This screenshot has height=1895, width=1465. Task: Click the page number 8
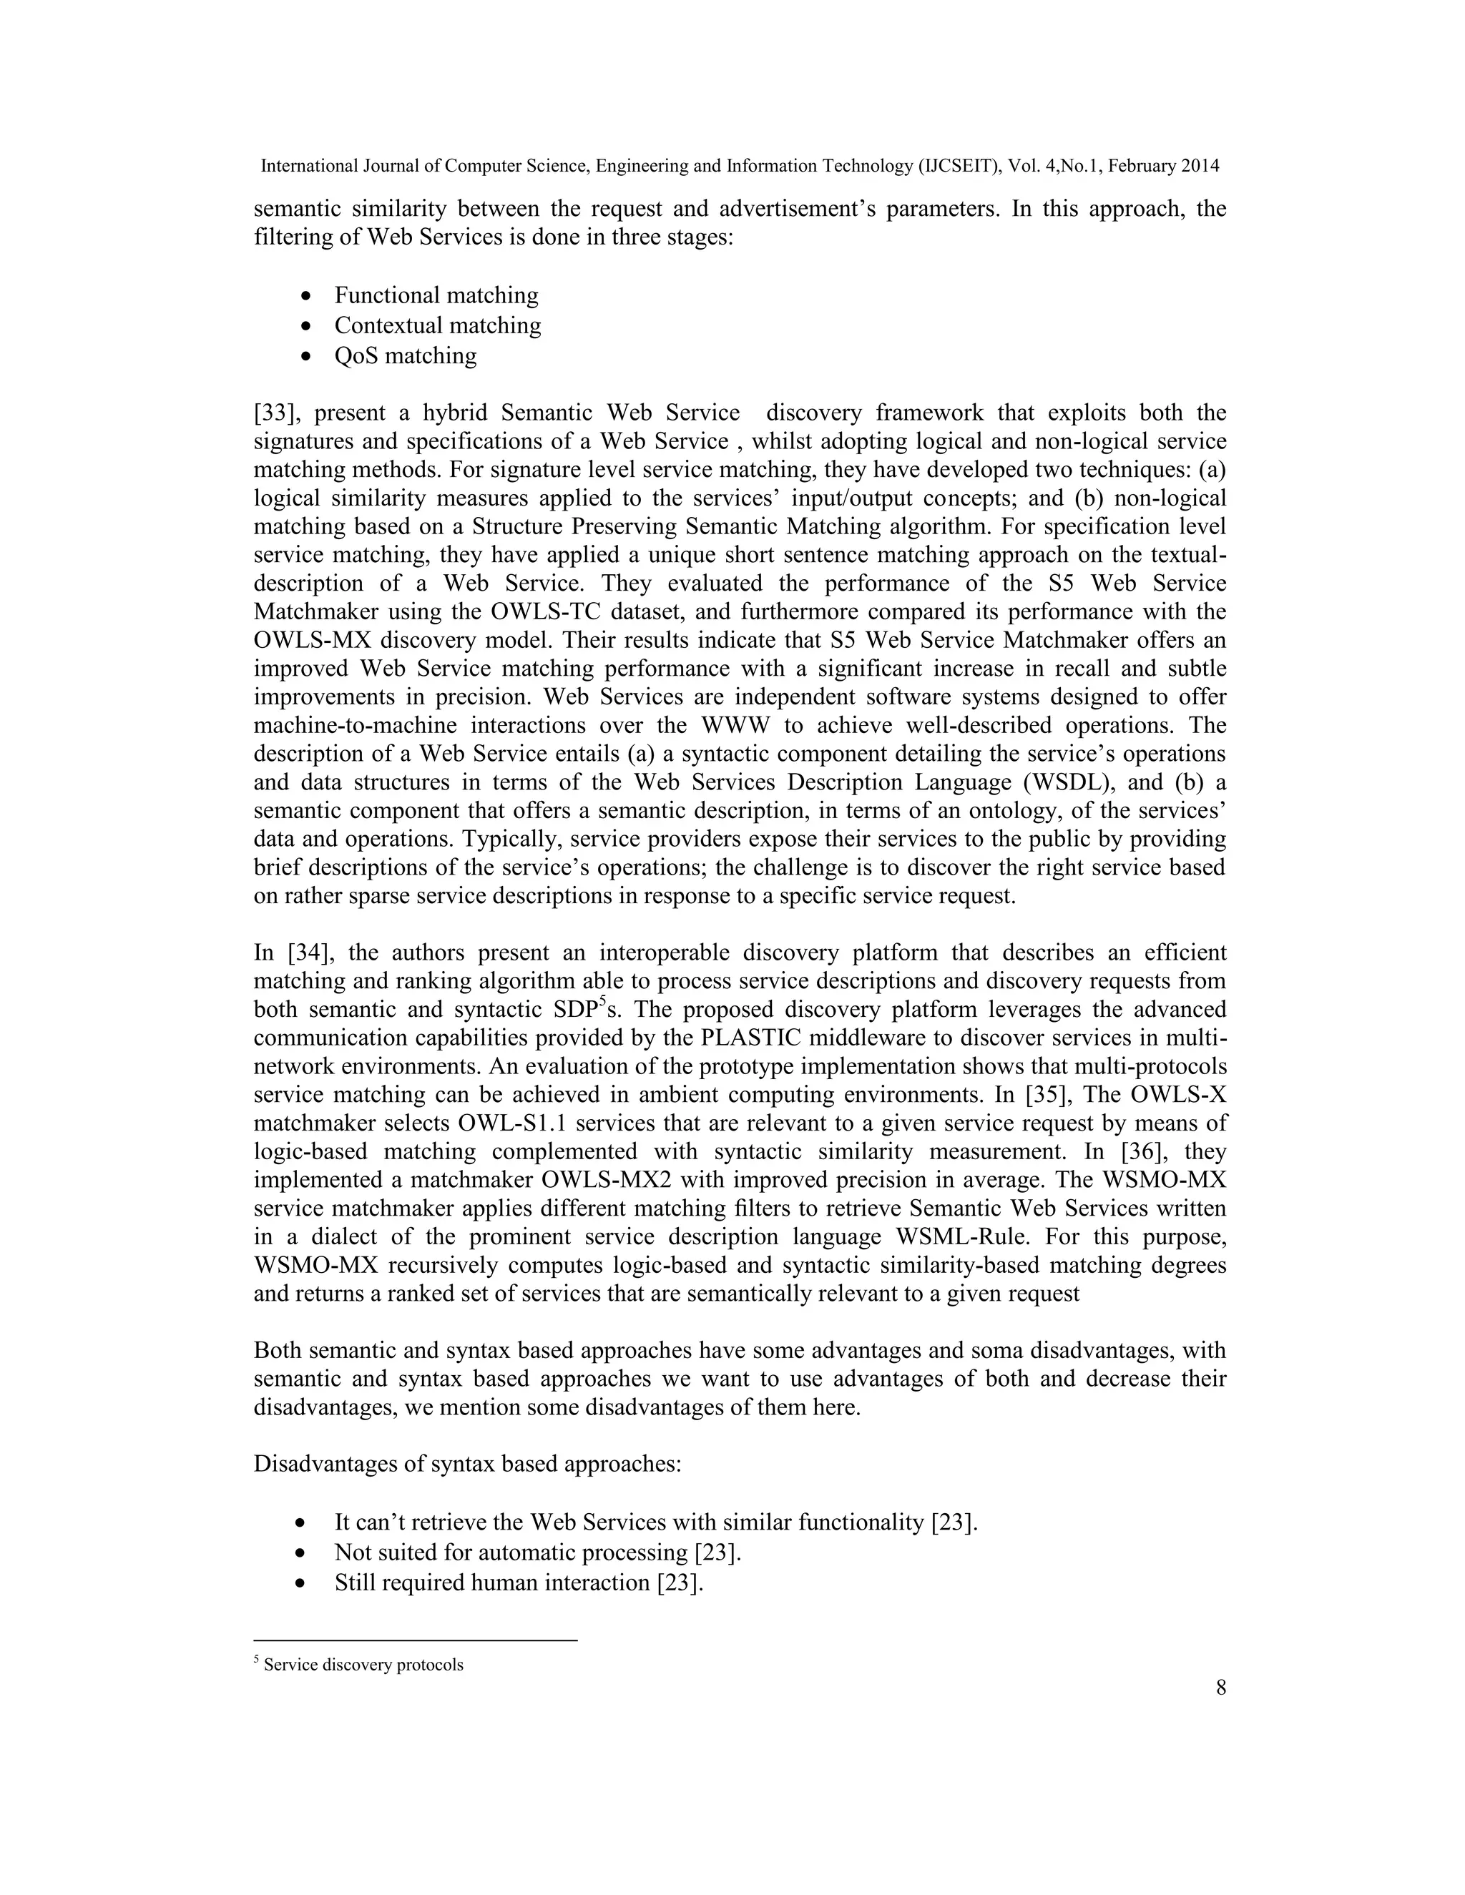pyautogui.click(x=1220, y=1688)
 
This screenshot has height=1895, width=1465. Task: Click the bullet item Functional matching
pyautogui.click(x=436, y=296)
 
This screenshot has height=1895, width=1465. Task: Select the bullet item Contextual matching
pyautogui.click(x=437, y=325)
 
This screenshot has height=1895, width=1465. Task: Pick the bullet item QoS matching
pyautogui.click(x=406, y=355)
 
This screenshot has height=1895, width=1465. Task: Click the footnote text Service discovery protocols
pyautogui.click(x=363, y=1665)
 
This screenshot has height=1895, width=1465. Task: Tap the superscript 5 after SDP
pyautogui.click(x=602, y=1002)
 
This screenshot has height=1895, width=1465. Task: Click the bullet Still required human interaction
pyautogui.click(x=518, y=1583)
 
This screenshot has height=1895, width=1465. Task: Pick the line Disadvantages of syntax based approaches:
pyautogui.click(x=467, y=1465)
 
